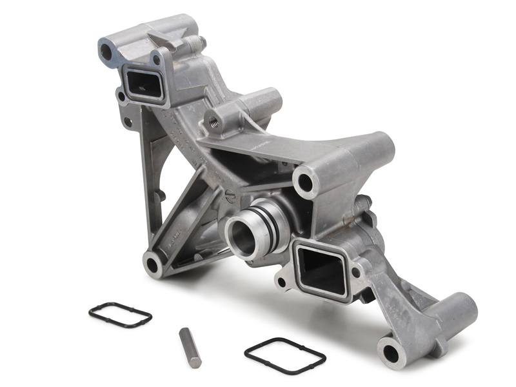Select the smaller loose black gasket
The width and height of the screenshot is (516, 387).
pos(120,314)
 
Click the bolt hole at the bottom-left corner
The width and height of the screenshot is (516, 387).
pos(153,264)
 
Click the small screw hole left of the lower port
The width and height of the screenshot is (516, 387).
pos(281,282)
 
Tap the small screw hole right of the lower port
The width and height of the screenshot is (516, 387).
pos(356,273)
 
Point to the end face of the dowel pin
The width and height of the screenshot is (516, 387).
pos(183,333)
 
